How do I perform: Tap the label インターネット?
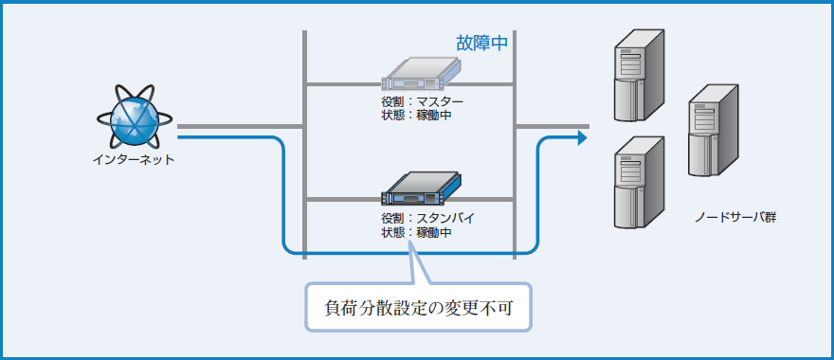(134, 159)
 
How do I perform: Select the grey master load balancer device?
(420, 71)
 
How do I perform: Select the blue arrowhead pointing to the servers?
(580, 138)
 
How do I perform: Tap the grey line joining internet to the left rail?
(237, 125)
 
